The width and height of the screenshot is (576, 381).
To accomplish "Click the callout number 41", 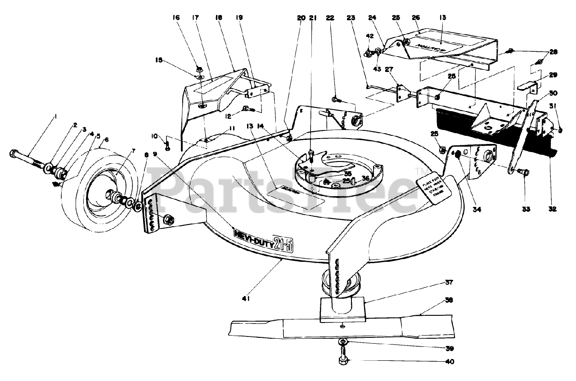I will coord(246,298).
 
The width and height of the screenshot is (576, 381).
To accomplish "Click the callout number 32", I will coord(553,209).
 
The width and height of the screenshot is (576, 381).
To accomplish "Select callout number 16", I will coord(176,18).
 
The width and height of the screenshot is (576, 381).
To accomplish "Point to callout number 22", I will coord(330,18).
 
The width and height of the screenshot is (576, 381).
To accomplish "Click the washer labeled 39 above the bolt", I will coord(343,344).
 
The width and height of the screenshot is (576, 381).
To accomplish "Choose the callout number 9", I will coord(155,154).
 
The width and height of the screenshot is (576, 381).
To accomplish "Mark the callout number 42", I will coord(369,36).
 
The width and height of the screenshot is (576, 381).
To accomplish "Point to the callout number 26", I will coord(416,18).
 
